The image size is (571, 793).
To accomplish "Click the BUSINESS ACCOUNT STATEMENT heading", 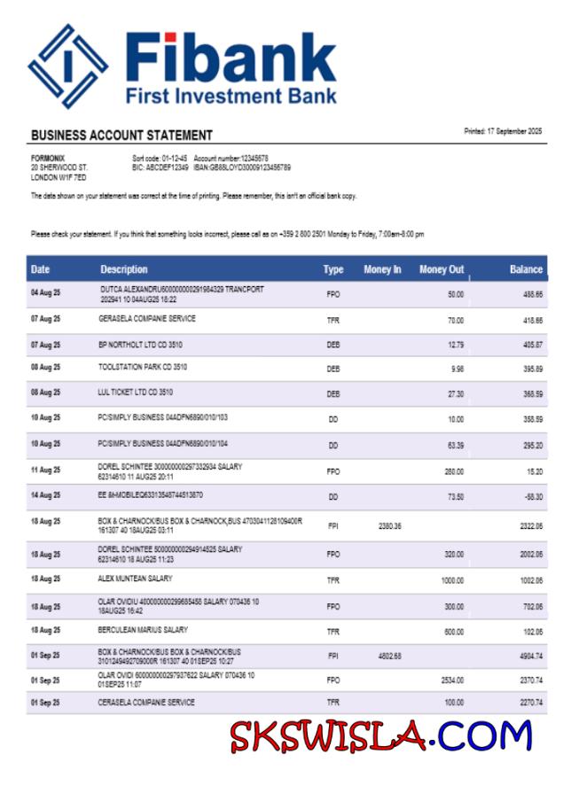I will pyautogui.click(x=121, y=136).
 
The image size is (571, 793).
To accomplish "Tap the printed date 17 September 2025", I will pyautogui.click(x=503, y=131).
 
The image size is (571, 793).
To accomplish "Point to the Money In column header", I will pyautogui.click(x=382, y=269).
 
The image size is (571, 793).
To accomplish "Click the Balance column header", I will pyautogui.click(x=526, y=269).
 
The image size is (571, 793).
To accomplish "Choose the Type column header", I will pyautogui.click(x=333, y=269).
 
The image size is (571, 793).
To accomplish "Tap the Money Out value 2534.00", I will pyautogui.click(x=453, y=681).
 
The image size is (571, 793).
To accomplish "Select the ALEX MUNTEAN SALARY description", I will pyautogui.click(x=135, y=579).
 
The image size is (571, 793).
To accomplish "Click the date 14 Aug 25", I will pyautogui.click(x=45, y=496).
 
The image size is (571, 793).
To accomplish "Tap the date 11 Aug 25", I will pyautogui.click(x=45, y=470).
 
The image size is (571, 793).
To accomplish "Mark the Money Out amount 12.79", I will pyautogui.click(x=456, y=344).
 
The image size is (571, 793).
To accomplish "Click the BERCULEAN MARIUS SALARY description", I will pyautogui.click(x=143, y=630).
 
